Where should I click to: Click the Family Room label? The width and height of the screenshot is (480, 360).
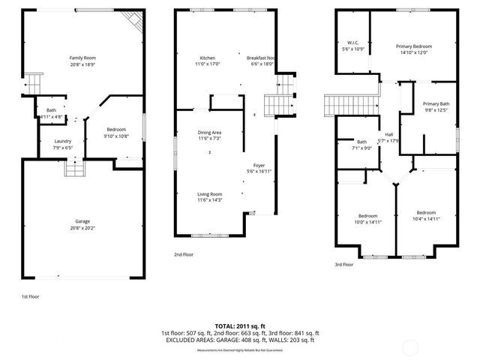[82, 58]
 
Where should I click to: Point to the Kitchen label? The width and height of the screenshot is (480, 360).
[208, 58]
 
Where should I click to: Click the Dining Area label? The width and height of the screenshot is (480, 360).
[209, 133]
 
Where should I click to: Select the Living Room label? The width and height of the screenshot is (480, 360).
[209, 193]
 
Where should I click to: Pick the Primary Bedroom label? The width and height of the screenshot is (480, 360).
[413, 46]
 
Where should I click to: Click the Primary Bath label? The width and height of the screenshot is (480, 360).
[435, 103]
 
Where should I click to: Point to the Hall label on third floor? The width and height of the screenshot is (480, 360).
[388, 134]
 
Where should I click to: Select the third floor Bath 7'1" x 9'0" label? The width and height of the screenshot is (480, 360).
[361, 142]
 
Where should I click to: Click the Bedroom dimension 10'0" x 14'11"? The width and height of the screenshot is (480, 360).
[367, 222]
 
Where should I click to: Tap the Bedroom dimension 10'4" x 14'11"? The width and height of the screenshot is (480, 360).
[426, 218]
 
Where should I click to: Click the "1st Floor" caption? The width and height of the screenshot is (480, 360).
[30, 296]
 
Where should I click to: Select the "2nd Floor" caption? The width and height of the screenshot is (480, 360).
[183, 254]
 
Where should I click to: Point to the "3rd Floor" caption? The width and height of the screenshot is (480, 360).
[343, 264]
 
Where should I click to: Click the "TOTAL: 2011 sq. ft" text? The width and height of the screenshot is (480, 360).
[240, 325]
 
